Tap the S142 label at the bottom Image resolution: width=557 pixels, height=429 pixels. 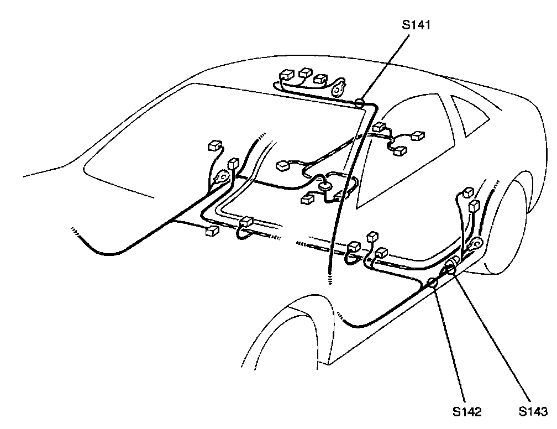coord(466,411)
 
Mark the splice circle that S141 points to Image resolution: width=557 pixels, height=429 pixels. coord(359,102)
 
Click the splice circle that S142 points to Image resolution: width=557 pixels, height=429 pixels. coord(433,284)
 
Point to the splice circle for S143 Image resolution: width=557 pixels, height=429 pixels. coord(451,269)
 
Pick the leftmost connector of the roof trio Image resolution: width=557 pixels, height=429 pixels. coord(287,75)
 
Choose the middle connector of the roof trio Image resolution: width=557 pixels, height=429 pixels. coord(305,73)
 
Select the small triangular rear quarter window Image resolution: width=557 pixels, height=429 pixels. coord(470,116)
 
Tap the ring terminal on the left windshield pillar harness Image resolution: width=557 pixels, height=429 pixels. coord(223,178)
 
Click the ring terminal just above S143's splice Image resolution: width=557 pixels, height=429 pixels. coord(474,244)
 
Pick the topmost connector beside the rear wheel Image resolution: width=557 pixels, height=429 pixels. coord(469,192)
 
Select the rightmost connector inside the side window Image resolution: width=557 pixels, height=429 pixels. coord(419,136)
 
